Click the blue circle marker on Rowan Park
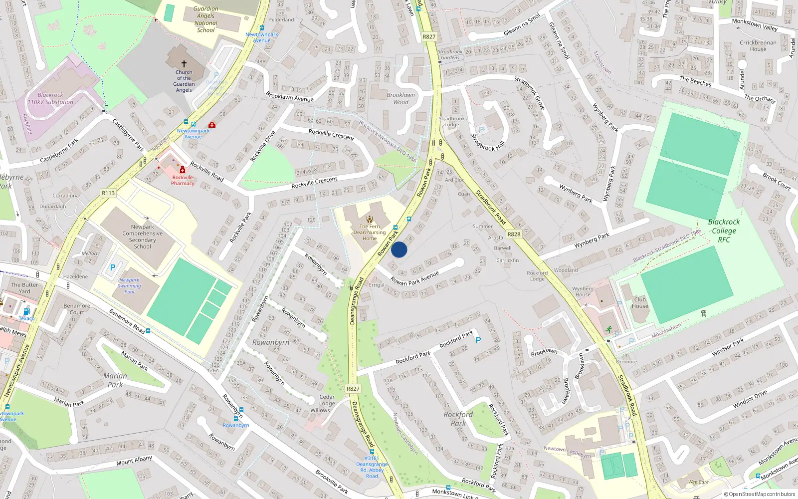click(399, 249)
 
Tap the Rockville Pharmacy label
click(183, 180)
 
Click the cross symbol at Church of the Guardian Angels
click(184, 64)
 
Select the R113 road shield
click(108, 193)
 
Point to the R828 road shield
click(514, 234)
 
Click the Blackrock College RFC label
click(724, 231)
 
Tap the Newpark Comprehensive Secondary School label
click(142, 237)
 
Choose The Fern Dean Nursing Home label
click(370, 232)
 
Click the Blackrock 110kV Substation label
click(50, 98)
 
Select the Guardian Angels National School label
click(206, 19)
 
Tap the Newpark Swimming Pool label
click(129, 286)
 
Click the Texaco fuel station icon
click(26, 311)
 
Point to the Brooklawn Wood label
click(400, 98)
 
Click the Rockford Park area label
click(458, 419)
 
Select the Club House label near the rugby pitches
click(640, 303)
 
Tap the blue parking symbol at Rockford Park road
click(478, 340)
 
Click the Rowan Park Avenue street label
click(414, 278)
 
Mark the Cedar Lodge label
click(327, 400)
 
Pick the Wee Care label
click(698, 482)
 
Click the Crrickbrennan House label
click(758, 46)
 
